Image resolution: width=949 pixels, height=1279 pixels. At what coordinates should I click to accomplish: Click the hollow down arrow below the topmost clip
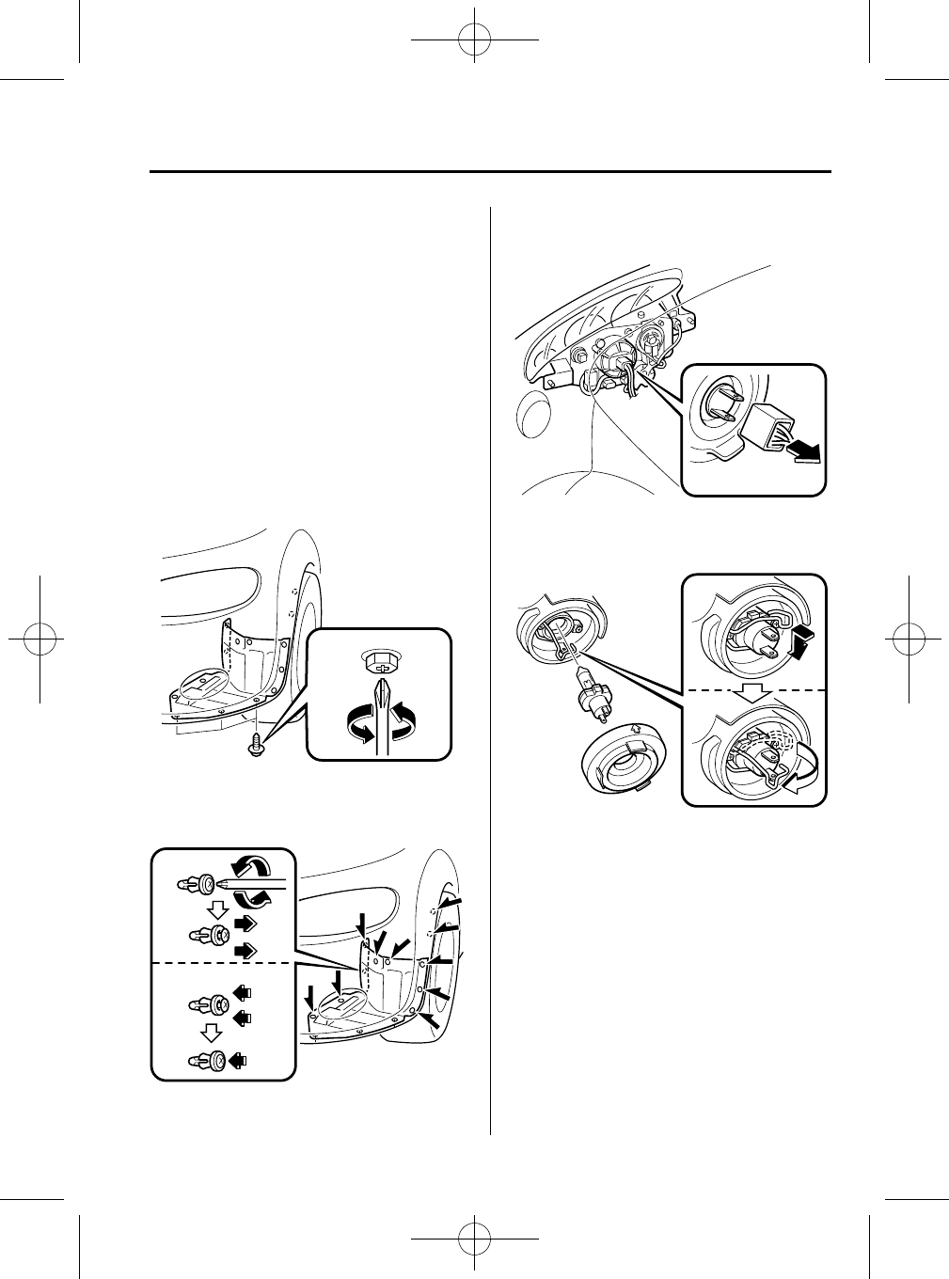click(218, 909)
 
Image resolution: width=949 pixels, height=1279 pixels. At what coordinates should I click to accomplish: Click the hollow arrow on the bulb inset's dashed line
click(754, 691)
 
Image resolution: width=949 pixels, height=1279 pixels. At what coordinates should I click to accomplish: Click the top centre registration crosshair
click(475, 39)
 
